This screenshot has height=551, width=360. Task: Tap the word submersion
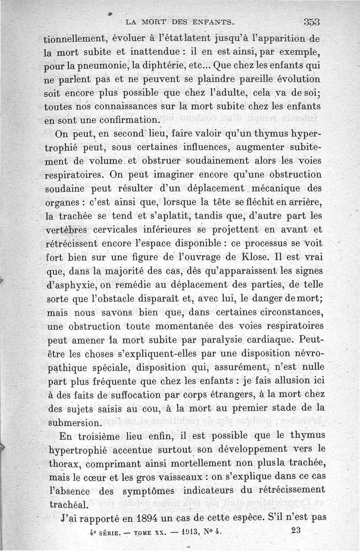click(74, 423)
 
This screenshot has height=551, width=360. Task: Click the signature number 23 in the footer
click(296, 530)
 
